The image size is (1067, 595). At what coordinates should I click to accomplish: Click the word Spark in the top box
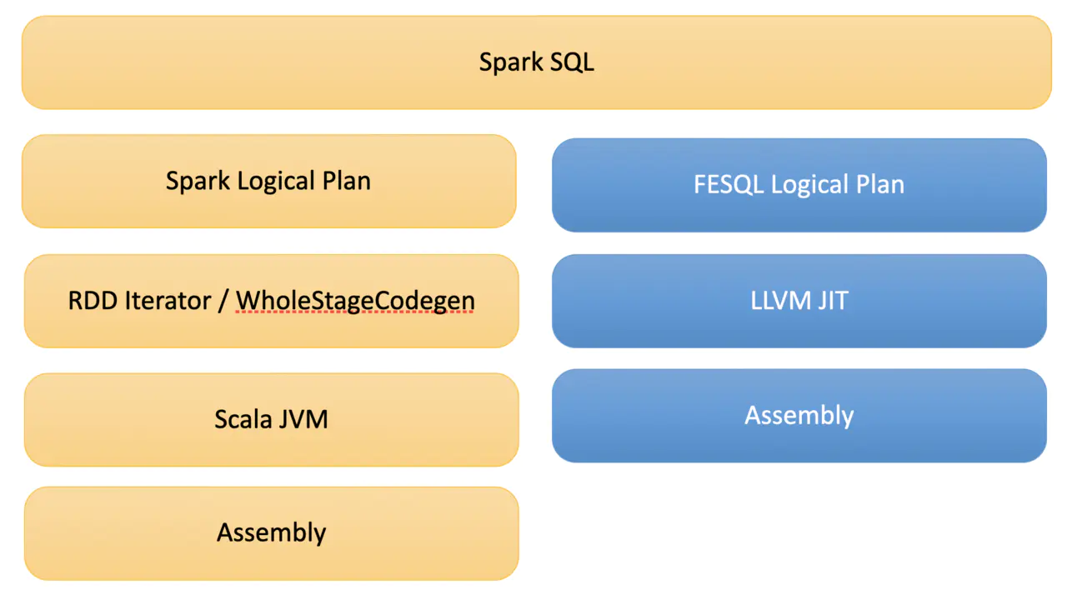511,62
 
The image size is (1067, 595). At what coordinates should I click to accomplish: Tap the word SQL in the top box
572,62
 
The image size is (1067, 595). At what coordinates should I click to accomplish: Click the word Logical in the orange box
273,182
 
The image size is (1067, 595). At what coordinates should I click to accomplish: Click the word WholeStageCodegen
355,300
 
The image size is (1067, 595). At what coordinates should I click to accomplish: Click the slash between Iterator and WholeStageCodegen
223,301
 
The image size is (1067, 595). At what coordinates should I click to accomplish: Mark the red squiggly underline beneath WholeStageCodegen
355,312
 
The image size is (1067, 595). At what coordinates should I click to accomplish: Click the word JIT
832,300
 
